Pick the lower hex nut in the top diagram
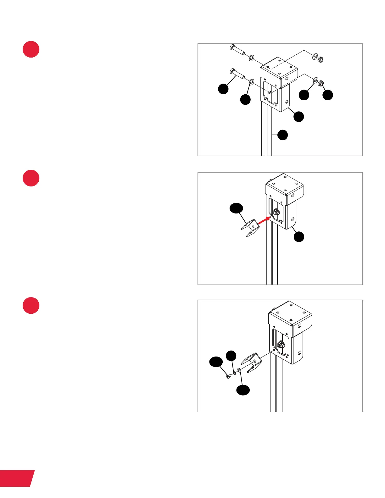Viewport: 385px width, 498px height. coord(321,83)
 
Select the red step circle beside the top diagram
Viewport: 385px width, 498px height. coord(31,49)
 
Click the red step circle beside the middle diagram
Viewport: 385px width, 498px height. coord(31,178)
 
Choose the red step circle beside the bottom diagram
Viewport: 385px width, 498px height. coord(31,305)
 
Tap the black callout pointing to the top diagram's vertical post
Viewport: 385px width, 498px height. coord(282,135)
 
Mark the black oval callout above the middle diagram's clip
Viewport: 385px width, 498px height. coord(236,208)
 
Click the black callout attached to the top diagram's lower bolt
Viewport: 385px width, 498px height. coord(223,89)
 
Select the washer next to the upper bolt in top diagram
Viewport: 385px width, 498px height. coord(252,58)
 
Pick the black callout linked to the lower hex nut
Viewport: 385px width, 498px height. coord(328,95)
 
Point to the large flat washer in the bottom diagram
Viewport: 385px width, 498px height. coord(239,371)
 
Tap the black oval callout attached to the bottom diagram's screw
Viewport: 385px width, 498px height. coord(216,362)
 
